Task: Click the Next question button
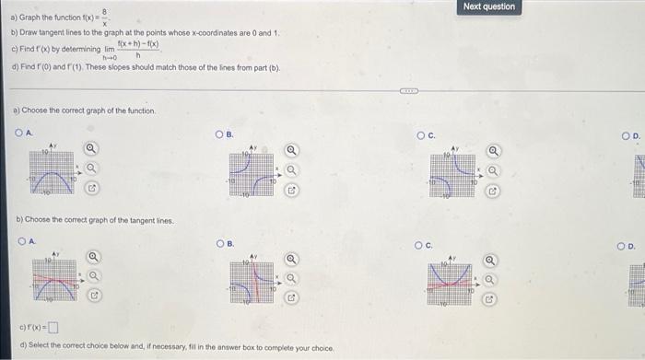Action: pos(489,6)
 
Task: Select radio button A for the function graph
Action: pos(18,132)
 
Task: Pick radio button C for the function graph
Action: pos(420,134)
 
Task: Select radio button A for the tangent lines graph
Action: pos(18,244)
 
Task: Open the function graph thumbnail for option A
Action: pos(50,169)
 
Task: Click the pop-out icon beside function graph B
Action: pos(291,192)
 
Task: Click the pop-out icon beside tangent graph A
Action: pos(93,296)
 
